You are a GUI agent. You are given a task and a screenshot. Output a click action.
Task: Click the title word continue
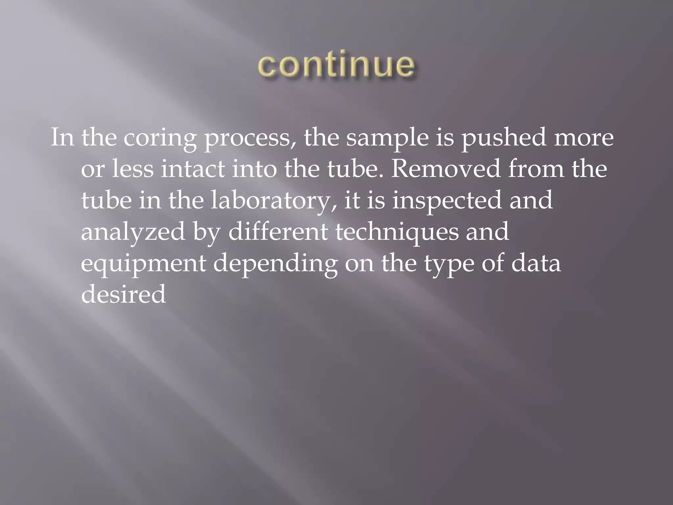336,65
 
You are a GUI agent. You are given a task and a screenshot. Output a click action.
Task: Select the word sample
387,138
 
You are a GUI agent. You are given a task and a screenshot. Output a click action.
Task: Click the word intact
193,169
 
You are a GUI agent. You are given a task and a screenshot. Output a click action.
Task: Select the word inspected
447,201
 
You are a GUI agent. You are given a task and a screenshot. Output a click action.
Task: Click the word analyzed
133,232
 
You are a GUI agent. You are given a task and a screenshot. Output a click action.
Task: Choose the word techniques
397,232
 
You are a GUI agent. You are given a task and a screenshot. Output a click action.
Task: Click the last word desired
123,294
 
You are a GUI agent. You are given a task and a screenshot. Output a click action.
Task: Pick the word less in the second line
133,169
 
